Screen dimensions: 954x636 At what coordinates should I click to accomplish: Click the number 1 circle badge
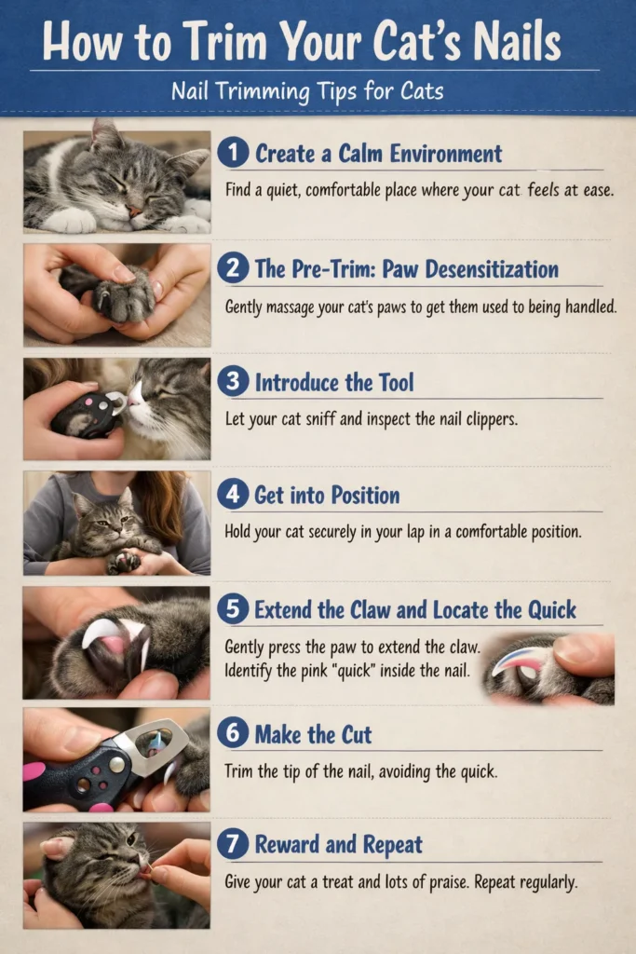[x=232, y=154]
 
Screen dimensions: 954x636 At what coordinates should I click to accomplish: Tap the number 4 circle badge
[x=232, y=495]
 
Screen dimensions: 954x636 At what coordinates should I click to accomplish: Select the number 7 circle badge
[x=232, y=845]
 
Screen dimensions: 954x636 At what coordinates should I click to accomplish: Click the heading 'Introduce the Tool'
[x=334, y=382]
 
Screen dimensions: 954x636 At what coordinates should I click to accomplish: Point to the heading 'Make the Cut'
[x=313, y=735]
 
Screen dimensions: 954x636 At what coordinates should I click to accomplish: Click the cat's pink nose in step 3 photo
[x=137, y=398]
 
